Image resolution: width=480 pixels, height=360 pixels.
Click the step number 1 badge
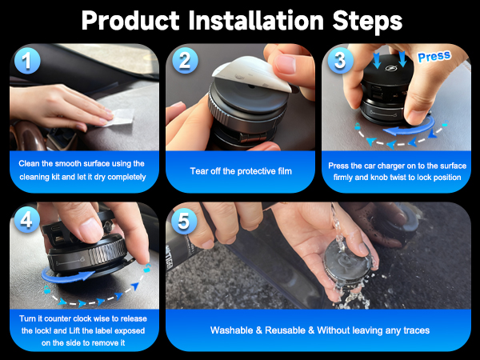pos(27,61)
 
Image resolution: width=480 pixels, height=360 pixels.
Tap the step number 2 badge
pos(185,60)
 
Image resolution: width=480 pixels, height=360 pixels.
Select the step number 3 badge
pos(341,60)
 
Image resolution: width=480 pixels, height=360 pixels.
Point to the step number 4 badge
pos(26,219)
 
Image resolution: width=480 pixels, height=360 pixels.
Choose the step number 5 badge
pos(184,221)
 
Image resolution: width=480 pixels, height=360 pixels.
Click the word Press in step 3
pos(434,56)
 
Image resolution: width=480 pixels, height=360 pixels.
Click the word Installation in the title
pos(256,21)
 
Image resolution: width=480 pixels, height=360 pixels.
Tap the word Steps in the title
pos(367,22)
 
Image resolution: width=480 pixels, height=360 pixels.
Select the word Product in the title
pos(130,21)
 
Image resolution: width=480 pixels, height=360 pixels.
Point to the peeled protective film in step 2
pos(251,74)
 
